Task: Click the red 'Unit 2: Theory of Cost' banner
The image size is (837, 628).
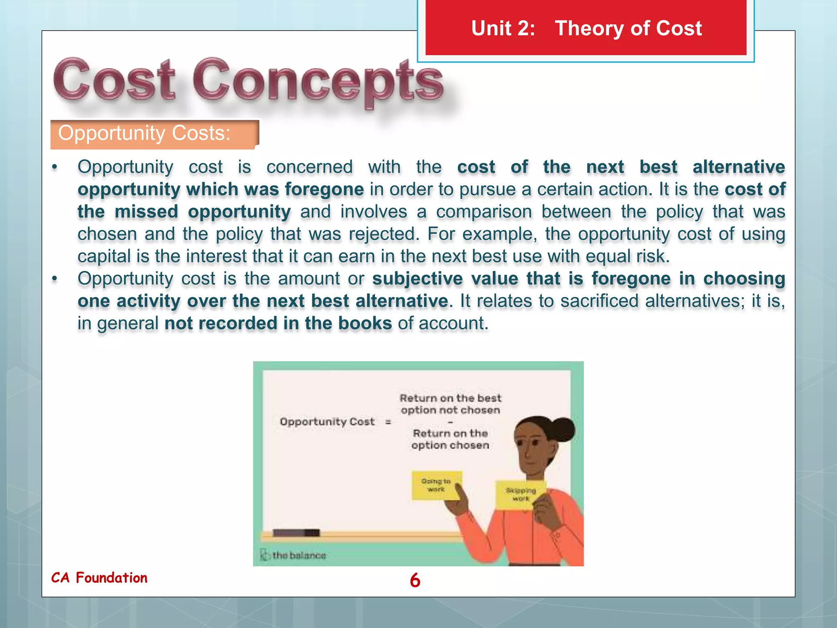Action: (x=586, y=28)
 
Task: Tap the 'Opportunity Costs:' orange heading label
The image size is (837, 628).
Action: (x=154, y=134)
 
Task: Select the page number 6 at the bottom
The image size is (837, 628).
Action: (x=415, y=580)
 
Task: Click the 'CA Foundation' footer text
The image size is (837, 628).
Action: (x=99, y=578)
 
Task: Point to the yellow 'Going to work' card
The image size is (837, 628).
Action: (x=436, y=485)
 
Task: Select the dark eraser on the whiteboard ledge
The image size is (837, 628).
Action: (x=296, y=532)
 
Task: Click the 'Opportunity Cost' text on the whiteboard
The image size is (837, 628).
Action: (x=327, y=422)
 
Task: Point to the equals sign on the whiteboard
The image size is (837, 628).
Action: (x=388, y=422)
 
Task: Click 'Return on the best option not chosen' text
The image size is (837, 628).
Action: (x=450, y=404)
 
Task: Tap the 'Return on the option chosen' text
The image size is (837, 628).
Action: (x=450, y=439)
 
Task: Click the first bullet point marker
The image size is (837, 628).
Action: (x=54, y=167)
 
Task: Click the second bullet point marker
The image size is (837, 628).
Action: (x=54, y=279)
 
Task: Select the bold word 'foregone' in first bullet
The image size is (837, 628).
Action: (x=324, y=189)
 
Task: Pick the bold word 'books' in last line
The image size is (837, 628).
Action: (x=365, y=323)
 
